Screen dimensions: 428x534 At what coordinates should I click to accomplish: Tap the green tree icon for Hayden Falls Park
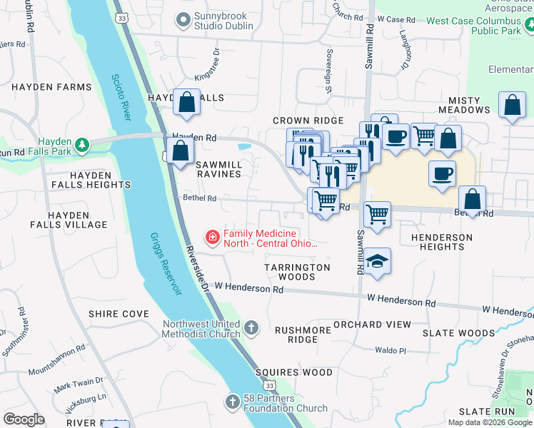84,146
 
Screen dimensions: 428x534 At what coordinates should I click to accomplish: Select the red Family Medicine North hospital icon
212,237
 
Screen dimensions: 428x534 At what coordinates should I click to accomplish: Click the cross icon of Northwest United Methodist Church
251,328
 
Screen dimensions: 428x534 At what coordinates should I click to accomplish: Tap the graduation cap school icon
376,260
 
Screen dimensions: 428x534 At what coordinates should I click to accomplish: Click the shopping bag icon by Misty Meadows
512,105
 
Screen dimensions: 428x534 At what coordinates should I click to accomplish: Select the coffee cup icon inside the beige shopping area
443,174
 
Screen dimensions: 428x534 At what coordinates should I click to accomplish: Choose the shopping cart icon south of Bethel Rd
376,213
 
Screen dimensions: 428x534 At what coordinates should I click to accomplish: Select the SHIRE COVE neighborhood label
119,314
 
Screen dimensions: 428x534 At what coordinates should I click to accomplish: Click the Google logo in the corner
24,419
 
